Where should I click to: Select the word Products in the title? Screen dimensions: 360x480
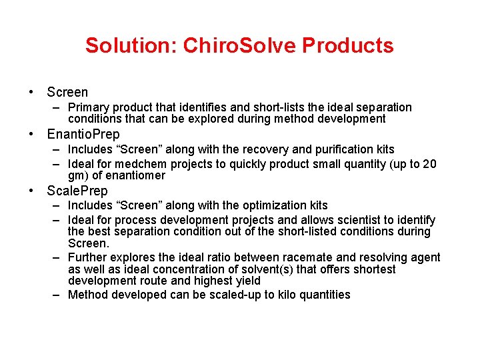[348, 45]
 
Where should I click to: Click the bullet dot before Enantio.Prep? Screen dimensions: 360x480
[31, 135]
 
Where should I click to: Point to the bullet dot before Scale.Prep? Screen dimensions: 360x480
[31, 191]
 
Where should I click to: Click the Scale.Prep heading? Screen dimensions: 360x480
[77, 191]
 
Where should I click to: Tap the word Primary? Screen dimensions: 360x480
[89, 107]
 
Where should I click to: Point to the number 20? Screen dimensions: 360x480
[430, 164]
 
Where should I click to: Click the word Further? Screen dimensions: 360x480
[89, 257]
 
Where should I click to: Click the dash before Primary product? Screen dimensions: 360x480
[58, 107]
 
